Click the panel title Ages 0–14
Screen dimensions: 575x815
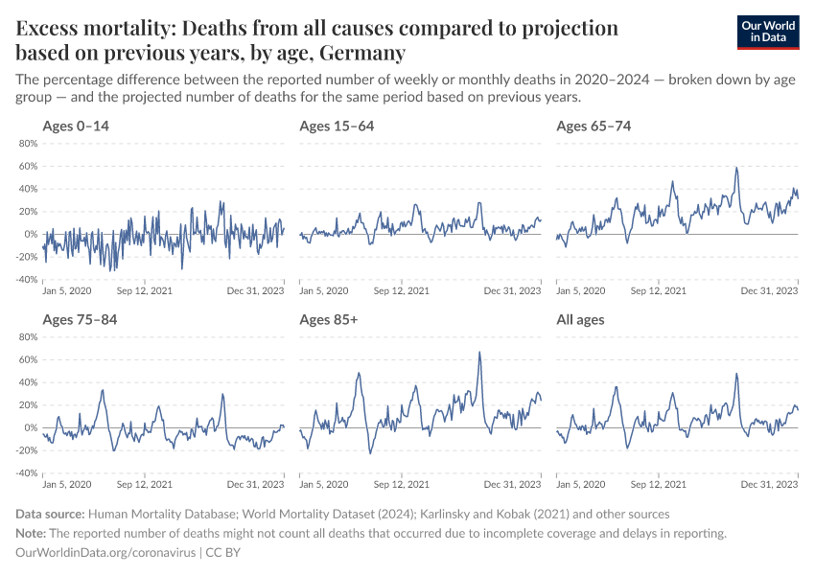click(77, 126)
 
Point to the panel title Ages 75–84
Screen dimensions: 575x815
click(80, 319)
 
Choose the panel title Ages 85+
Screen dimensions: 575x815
click(328, 319)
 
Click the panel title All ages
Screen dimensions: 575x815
click(580, 319)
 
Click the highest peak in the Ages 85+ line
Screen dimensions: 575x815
click(479, 352)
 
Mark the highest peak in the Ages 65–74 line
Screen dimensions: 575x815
click(736, 168)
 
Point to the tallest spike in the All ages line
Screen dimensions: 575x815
click(736, 374)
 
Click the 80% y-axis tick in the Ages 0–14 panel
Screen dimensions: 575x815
click(27, 144)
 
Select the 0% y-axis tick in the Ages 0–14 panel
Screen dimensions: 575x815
click(30, 235)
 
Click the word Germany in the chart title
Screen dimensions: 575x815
click(361, 52)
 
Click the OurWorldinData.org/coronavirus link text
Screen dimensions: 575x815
click(105, 553)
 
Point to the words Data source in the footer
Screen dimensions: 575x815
click(51, 514)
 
